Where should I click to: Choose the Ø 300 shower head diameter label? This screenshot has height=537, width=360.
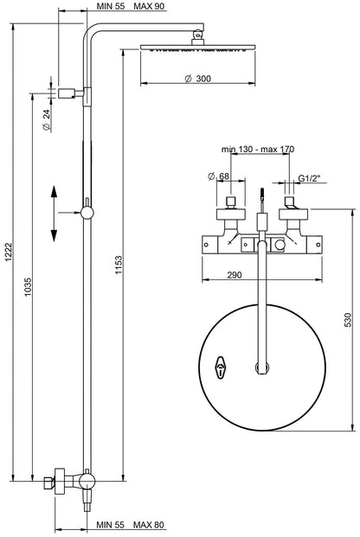197,79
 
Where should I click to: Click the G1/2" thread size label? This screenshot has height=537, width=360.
306,178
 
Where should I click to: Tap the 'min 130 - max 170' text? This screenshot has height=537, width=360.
256,150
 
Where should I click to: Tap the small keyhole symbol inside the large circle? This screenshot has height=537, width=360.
222,369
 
